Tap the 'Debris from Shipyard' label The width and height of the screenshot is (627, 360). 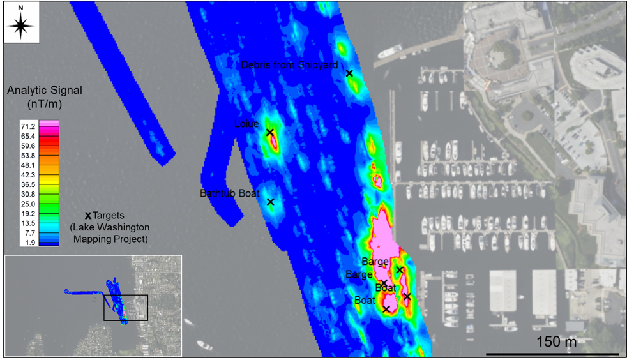tap(289, 65)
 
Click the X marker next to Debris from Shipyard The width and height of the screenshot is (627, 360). tap(349, 74)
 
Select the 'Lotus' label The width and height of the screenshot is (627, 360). tap(246, 124)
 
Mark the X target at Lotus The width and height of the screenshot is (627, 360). tap(270, 133)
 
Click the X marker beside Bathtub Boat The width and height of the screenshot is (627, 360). tap(270, 202)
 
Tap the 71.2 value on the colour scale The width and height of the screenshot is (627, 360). tap(27, 127)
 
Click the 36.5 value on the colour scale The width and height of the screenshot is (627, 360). tap(27, 184)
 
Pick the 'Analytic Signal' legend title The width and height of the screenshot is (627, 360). tap(36, 91)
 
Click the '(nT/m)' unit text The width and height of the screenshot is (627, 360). tap(36, 103)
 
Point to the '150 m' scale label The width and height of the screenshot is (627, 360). tap(556, 341)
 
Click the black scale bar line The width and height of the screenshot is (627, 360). tap(552, 354)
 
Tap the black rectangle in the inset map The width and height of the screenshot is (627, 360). tap(126, 308)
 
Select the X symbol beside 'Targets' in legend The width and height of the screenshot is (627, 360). tap(87, 216)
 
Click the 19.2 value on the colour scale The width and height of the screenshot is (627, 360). tap(27, 213)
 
